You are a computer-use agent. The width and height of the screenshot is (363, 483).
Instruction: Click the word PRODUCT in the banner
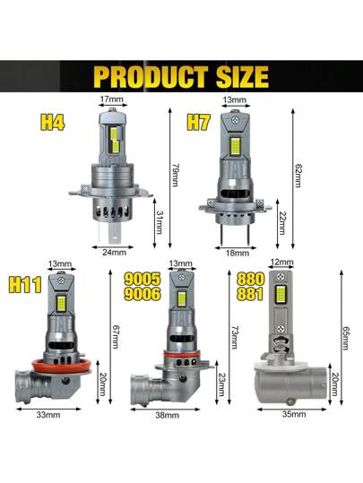151,76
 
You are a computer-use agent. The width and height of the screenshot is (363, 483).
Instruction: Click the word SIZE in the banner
243,76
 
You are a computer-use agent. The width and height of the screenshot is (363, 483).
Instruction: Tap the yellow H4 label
52,122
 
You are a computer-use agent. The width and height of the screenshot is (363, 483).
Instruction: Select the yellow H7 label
199,122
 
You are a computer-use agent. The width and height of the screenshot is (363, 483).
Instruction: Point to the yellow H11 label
25,285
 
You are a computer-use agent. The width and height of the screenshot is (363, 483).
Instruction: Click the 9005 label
143,279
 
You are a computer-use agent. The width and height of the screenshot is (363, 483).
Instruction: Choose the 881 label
250,294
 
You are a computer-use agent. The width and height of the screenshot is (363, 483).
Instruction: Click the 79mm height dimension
176,176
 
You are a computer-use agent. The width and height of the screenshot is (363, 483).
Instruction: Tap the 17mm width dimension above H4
111,99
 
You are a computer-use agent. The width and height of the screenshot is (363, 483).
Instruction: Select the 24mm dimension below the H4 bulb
115,253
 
